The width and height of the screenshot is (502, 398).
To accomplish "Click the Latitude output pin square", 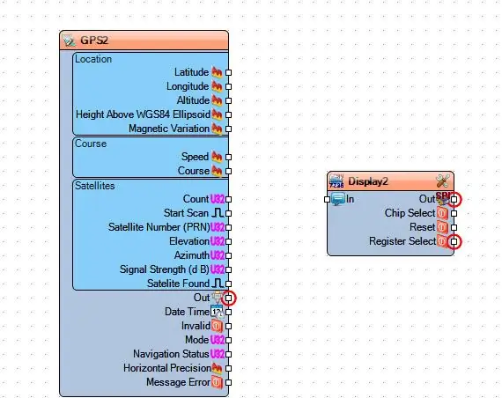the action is click(228, 73).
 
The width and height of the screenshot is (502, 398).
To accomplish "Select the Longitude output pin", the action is click(228, 87).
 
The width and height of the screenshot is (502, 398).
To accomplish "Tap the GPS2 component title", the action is click(94, 41).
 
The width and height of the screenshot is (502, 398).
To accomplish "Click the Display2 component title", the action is click(368, 181).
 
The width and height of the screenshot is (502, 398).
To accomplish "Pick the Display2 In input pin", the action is click(327, 200).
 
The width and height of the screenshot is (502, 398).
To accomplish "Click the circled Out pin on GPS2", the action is click(228, 298).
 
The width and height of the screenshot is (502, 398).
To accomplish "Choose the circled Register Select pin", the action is click(454, 242).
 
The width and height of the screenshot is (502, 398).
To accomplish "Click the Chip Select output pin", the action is click(454, 214).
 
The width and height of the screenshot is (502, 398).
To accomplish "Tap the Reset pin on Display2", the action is click(454, 228).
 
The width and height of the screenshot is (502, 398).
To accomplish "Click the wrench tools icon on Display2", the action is click(442, 181).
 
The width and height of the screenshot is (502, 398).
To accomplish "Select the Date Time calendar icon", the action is click(217, 312).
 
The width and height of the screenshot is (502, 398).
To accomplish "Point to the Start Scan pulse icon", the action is click(218, 213).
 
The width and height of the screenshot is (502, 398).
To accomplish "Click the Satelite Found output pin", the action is click(228, 284).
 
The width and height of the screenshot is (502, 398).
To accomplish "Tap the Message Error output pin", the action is click(228, 383).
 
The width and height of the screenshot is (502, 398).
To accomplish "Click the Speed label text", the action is click(195, 157).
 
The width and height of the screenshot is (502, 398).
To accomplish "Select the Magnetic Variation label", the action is click(169, 129).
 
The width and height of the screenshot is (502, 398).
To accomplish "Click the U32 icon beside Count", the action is click(217, 199).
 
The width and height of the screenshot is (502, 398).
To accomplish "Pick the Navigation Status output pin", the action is click(228, 355).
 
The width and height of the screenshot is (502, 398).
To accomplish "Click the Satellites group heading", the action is click(95, 186).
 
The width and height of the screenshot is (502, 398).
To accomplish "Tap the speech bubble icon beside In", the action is click(337, 199).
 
